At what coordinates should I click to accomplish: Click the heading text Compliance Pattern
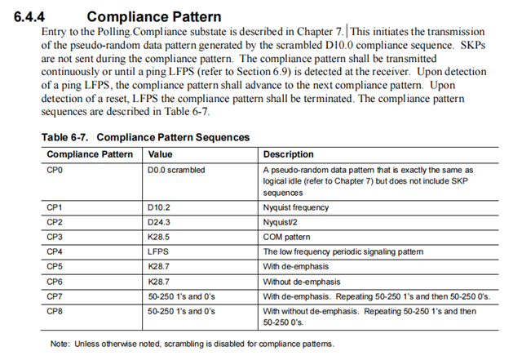[x=153, y=16]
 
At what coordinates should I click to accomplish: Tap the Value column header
[x=161, y=154]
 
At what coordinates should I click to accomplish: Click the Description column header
[x=289, y=154]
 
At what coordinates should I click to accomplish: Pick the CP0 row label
[x=56, y=170]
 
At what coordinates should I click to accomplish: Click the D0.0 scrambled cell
[x=176, y=170]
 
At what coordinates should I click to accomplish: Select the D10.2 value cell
[x=161, y=207]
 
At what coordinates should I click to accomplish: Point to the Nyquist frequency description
[x=297, y=207]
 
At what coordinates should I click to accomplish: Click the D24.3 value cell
[x=161, y=222]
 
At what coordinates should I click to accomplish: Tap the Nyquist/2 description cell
[x=282, y=222]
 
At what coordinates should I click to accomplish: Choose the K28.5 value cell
[x=161, y=237]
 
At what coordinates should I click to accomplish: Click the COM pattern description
[x=288, y=237]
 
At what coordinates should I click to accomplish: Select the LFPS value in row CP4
[x=158, y=251]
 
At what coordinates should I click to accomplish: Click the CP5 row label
[x=56, y=266]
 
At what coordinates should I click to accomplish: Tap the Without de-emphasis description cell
[x=303, y=281]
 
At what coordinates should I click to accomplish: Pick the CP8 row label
[x=56, y=311]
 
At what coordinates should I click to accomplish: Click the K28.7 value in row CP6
[x=161, y=281]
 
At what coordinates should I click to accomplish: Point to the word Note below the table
[x=60, y=344]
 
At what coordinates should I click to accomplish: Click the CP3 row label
[x=56, y=237]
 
